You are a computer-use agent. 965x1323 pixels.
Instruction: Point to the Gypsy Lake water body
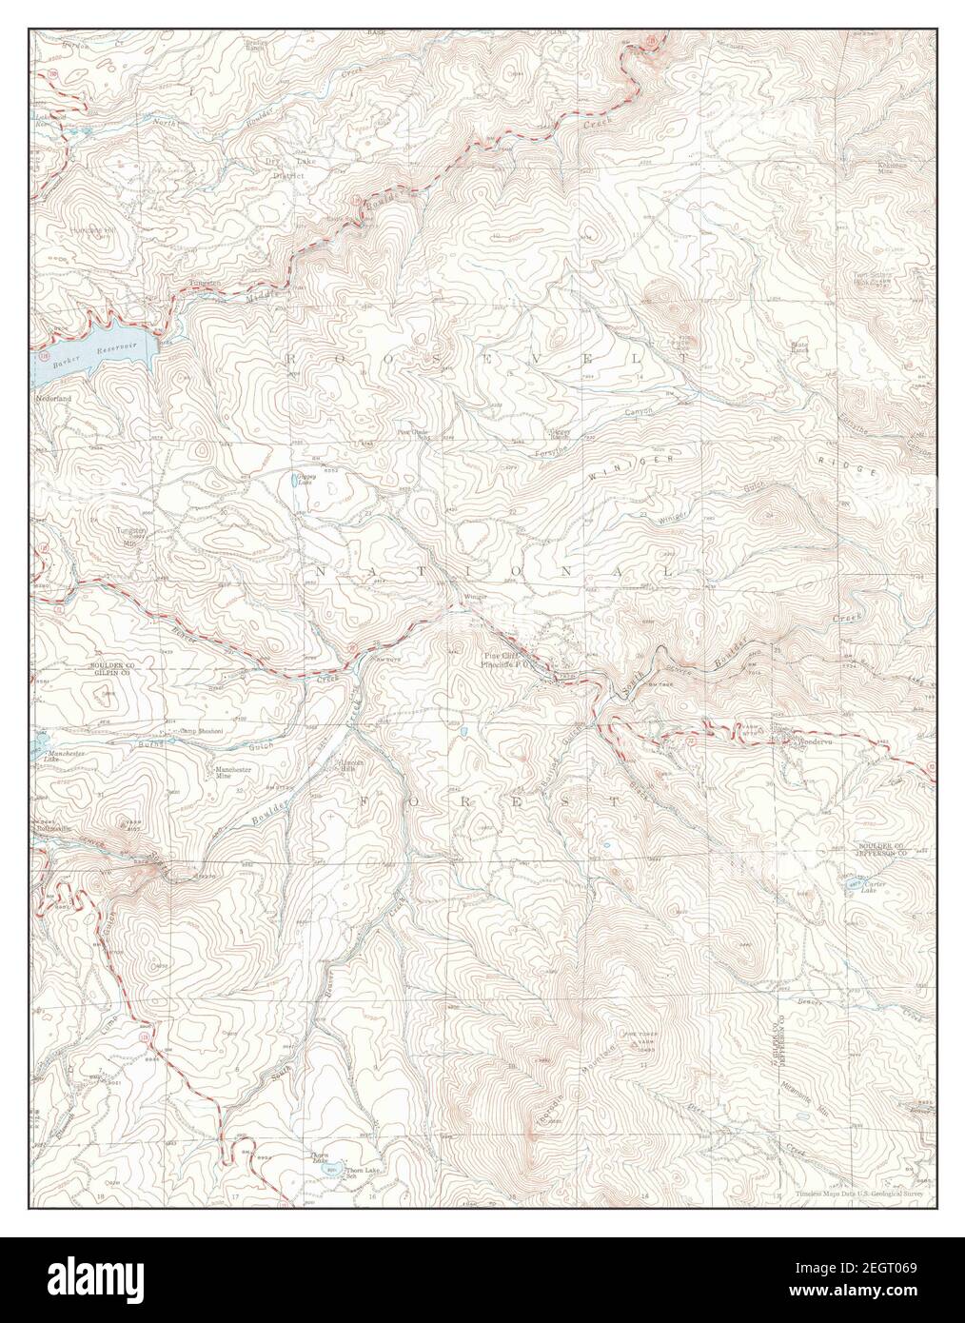[298, 484]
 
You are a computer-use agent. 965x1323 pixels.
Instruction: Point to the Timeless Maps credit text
[846, 1191]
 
